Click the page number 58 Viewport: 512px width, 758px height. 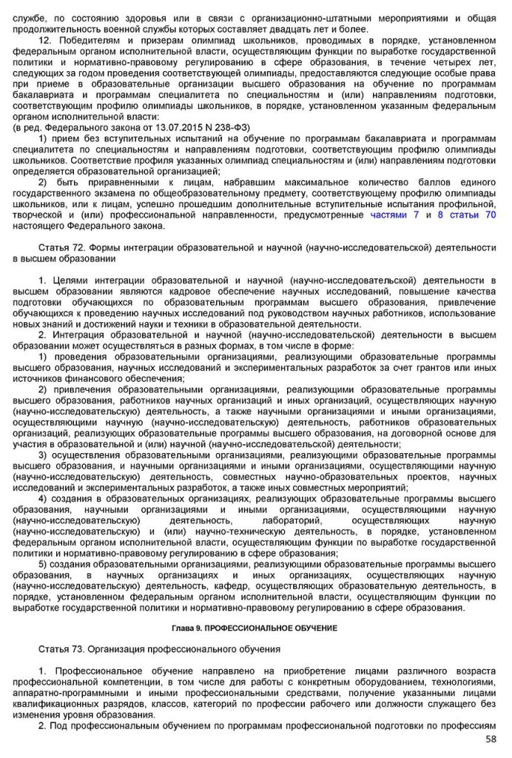coord(491,739)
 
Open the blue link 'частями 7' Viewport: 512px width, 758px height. coord(394,215)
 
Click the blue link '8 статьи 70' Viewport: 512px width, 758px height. coord(467,215)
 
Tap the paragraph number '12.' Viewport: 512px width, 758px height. coord(44,41)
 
